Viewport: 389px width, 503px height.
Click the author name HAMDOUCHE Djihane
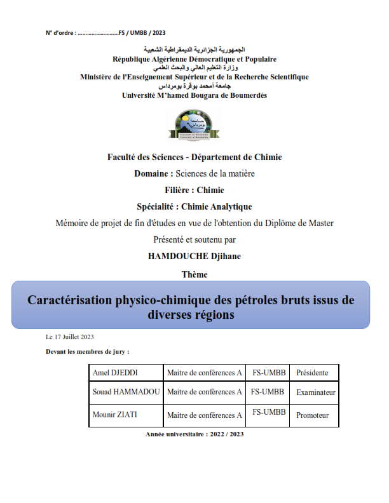194,257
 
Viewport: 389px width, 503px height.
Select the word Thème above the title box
194,274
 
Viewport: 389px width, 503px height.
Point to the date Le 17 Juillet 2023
70,337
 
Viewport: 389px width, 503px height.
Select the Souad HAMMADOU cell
126,392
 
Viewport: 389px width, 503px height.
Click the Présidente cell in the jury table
312,373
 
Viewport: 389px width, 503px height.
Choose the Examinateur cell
315,392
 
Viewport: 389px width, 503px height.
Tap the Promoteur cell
313,415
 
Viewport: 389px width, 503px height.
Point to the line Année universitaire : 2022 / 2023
194,434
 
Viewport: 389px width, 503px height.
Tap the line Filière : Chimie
194,189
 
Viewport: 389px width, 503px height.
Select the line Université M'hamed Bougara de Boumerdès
194,95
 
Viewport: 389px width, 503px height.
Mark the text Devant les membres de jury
88,351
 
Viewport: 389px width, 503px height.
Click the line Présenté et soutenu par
194,240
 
